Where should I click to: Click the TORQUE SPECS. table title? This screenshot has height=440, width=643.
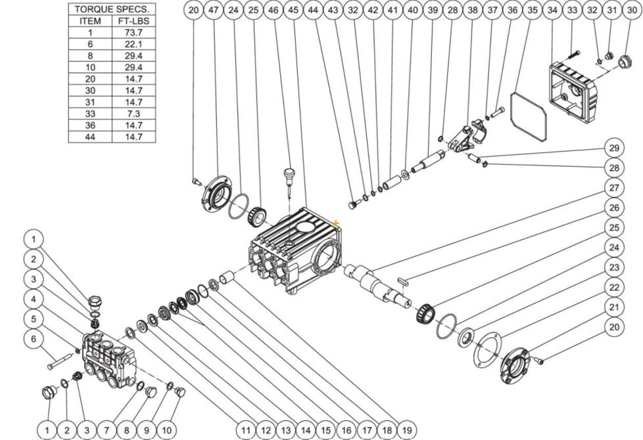tap(112, 9)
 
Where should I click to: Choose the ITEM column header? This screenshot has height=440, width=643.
tap(90, 20)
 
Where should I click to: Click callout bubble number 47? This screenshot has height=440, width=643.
tap(213, 11)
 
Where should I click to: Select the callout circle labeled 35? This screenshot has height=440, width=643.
tap(533, 11)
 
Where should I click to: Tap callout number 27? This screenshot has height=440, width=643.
tap(613, 187)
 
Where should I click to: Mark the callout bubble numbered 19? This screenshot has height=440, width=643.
tap(407, 430)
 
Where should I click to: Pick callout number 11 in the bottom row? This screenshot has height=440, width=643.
tap(245, 430)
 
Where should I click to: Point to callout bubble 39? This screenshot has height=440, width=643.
tap(432, 11)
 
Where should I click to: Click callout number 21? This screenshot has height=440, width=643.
tap(613, 307)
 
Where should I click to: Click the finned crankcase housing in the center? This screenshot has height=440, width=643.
tap(296, 253)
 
